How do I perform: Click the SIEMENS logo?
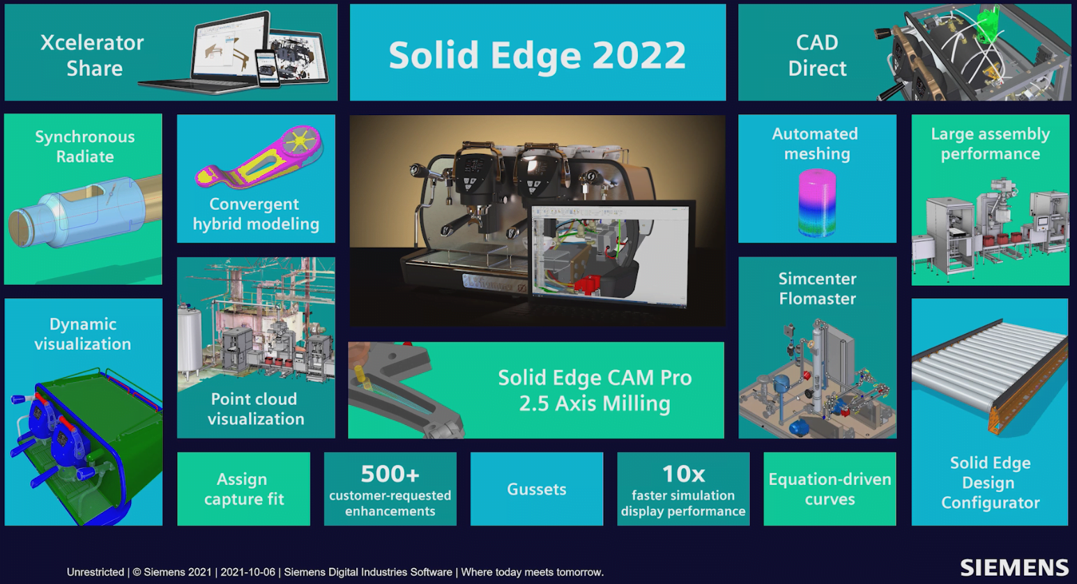coord(1014,568)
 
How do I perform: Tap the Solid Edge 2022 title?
coord(537,55)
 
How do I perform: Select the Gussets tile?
coord(537,489)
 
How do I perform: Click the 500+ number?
coord(390,474)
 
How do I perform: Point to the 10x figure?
coord(683,474)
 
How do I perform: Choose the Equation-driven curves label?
coord(830,489)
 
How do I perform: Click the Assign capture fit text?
coord(244,489)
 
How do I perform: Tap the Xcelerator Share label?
coord(92,55)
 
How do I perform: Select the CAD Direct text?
coord(817,55)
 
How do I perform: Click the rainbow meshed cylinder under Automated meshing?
coord(817,202)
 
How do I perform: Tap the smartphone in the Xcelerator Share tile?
coord(267,69)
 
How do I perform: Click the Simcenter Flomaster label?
coord(818,289)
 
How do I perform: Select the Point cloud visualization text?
coord(256,408)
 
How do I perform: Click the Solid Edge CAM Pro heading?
coord(595,378)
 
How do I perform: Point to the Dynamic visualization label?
coord(83,334)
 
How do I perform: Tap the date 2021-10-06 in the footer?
coord(248,572)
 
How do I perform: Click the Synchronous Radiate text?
coord(85,146)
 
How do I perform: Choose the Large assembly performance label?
coord(991,144)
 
